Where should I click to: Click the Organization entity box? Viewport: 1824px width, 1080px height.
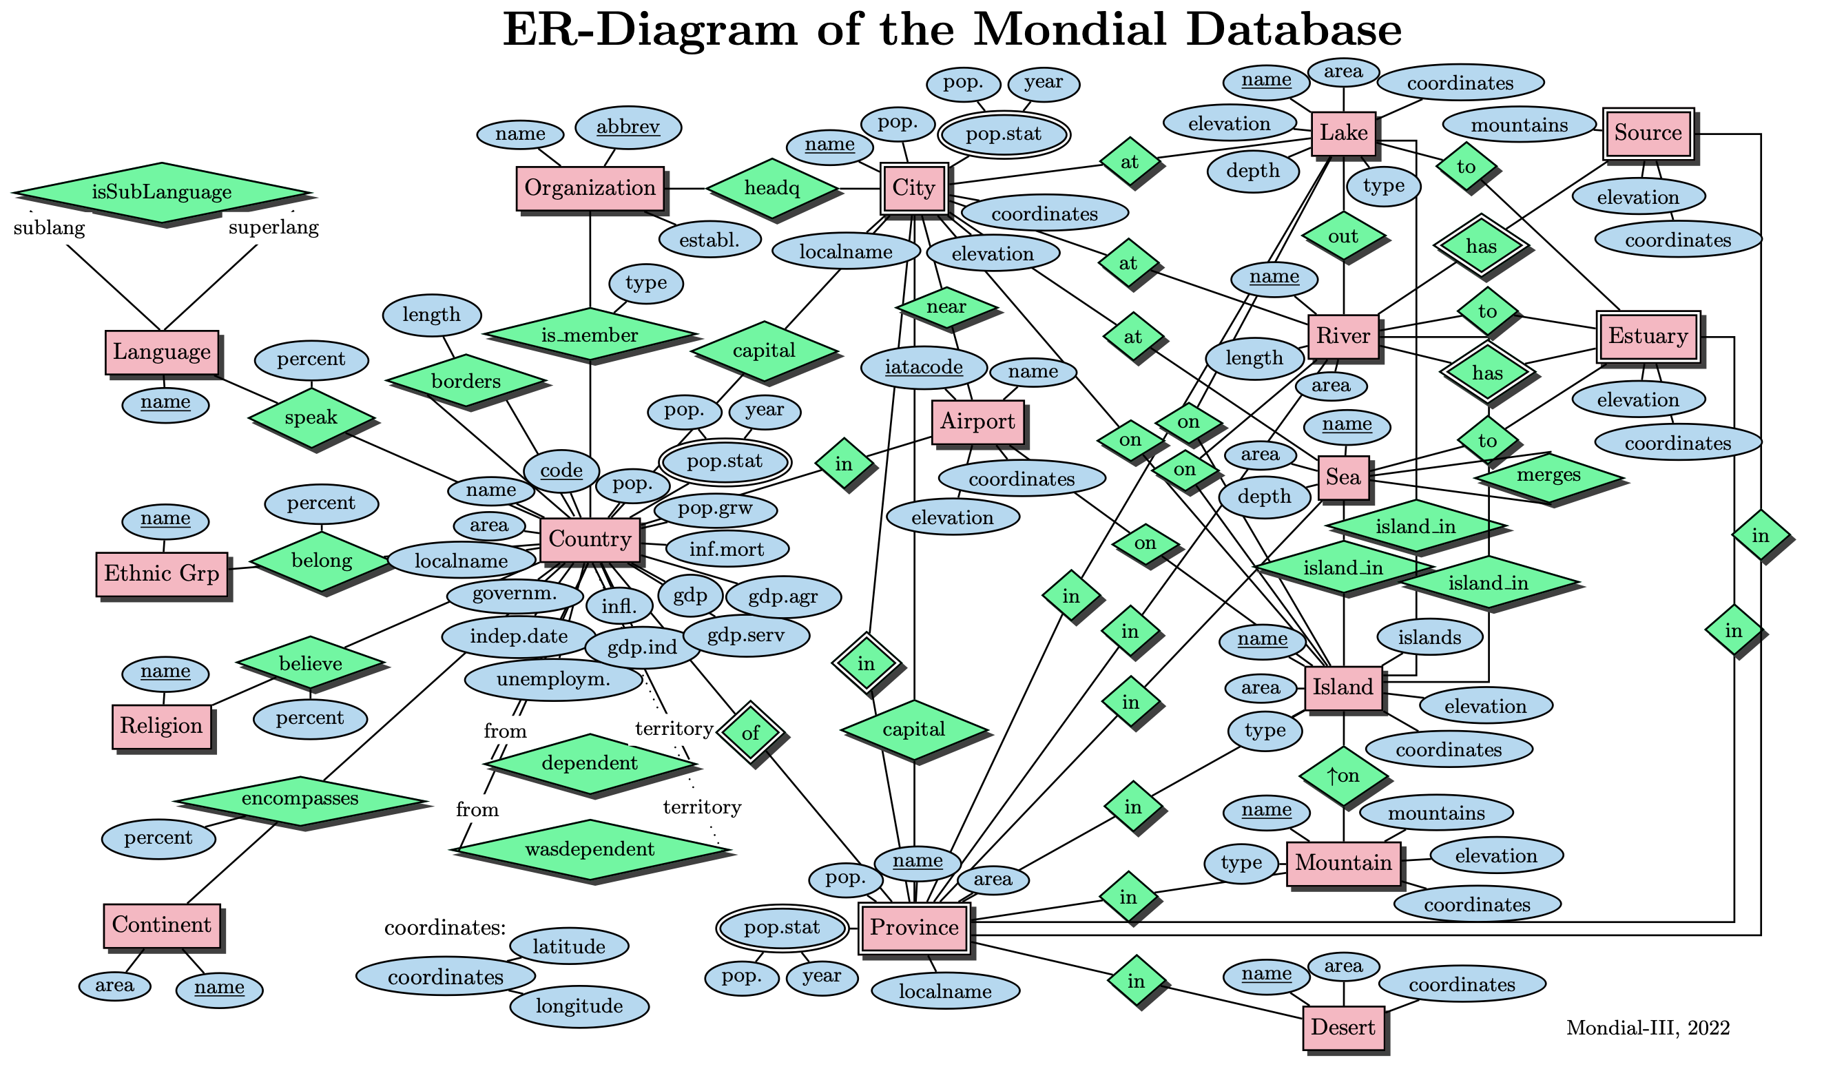pyautogui.click(x=590, y=189)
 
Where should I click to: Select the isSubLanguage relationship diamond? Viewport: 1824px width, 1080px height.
pyautogui.click(x=162, y=192)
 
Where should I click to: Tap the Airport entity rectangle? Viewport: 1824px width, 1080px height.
pyautogui.click(x=977, y=422)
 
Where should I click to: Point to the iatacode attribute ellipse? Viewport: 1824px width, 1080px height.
pyautogui.click(x=924, y=368)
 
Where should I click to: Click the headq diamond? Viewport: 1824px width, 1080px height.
pyautogui.click(x=771, y=189)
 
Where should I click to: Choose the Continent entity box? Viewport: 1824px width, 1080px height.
pyautogui.click(x=162, y=926)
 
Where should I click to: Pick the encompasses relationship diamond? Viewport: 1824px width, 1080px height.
pyautogui.click(x=300, y=799)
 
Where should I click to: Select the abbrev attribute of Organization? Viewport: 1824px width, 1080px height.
pyautogui.click(x=628, y=127)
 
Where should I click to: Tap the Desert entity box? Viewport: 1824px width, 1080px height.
pyautogui.click(x=1343, y=1028)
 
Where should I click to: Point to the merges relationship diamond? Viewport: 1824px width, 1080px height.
pyautogui.click(x=1548, y=476)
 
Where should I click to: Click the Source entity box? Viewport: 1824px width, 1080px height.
pyautogui.click(x=1648, y=133)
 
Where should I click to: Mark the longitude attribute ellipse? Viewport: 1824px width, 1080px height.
pyautogui.click(x=579, y=1006)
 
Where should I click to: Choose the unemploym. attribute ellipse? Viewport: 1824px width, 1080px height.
pyautogui.click(x=553, y=681)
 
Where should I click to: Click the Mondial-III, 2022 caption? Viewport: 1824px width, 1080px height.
pyautogui.click(x=1648, y=1028)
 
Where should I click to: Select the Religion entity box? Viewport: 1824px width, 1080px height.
pyautogui.click(x=162, y=726)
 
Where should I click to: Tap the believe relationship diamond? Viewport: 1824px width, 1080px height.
pyautogui.click(x=311, y=664)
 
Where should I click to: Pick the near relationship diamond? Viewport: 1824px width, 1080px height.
pyautogui.click(x=946, y=307)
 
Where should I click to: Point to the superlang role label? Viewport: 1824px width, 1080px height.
pyautogui.click(x=273, y=228)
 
